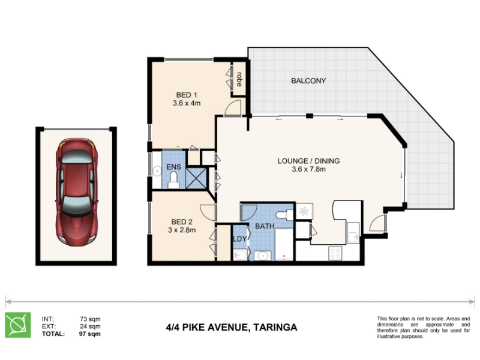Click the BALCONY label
[x=308, y=81]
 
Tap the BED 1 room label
[x=187, y=95]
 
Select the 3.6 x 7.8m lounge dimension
[x=308, y=169]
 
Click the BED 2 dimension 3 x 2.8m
[x=182, y=230]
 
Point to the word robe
[x=239, y=79]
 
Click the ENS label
[x=173, y=167]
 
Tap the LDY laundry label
[x=239, y=239]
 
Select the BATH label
[x=265, y=226]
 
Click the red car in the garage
[x=77, y=192]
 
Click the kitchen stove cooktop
[x=335, y=253]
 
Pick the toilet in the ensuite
[x=173, y=181]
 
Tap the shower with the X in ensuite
[x=196, y=178]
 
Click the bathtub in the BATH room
[x=284, y=244]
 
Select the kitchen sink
[x=353, y=233]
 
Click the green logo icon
[x=18, y=325]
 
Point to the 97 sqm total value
[x=89, y=334]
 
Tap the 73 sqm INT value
[x=91, y=319]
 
